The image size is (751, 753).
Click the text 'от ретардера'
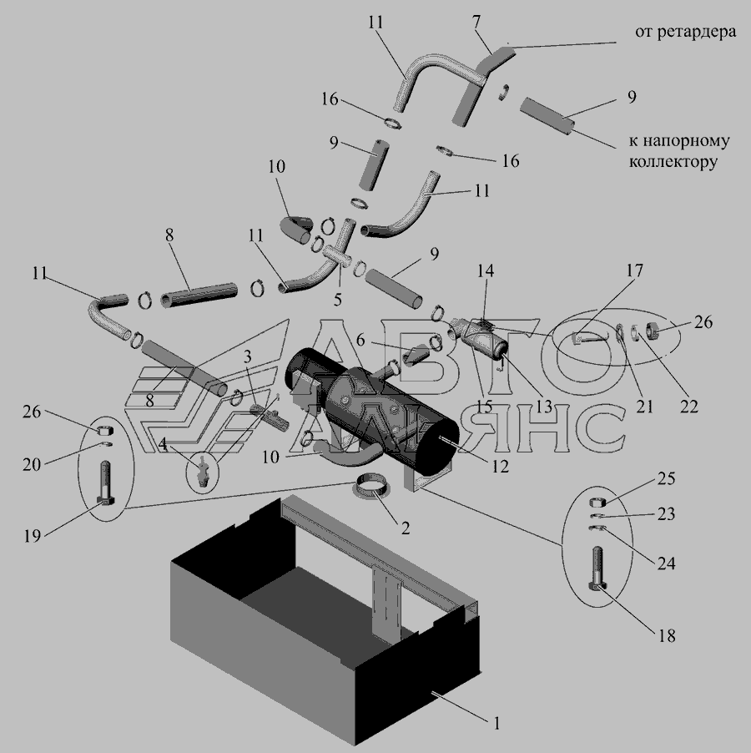[x=684, y=33]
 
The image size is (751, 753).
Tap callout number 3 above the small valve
[x=247, y=356]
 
